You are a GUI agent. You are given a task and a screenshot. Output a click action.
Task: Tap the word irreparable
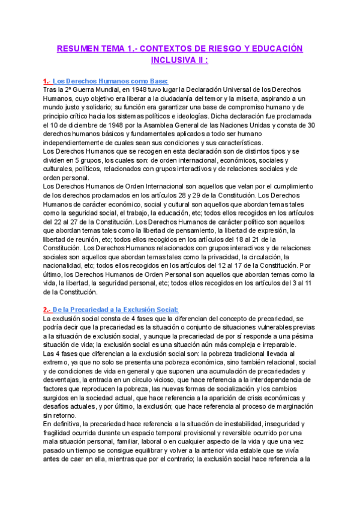(x=272, y=341)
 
